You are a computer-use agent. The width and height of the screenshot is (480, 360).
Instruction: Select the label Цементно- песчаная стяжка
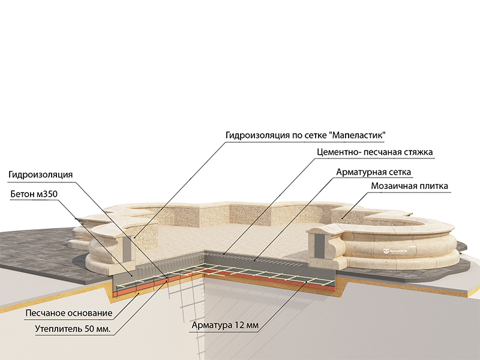(x=374, y=152)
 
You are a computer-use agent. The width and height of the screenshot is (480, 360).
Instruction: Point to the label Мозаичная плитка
(x=409, y=187)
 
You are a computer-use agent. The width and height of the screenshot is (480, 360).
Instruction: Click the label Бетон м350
(x=33, y=194)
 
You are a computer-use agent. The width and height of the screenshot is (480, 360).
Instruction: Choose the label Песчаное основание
(x=68, y=313)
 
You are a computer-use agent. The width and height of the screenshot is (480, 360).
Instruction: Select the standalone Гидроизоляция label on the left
(x=41, y=175)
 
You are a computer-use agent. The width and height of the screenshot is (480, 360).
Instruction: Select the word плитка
(x=432, y=187)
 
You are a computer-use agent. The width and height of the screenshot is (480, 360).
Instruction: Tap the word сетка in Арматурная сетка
(x=398, y=172)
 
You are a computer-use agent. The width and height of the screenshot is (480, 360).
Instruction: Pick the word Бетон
(x=23, y=194)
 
